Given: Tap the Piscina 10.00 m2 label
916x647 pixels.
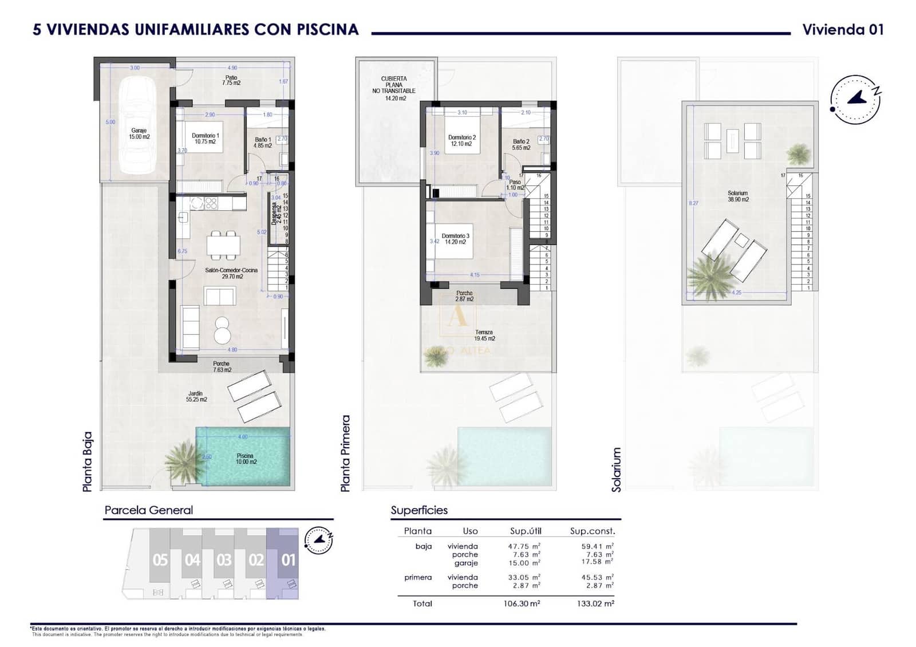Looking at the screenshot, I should (x=246, y=459).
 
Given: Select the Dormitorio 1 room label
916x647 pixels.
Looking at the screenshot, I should (x=206, y=139).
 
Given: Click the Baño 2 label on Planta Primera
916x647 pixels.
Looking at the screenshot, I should (x=521, y=144).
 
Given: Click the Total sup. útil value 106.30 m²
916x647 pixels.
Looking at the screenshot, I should (x=523, y=603).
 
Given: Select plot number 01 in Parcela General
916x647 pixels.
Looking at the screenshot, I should (x=289, y=559).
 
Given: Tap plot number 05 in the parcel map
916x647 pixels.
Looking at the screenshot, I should (x=160, y=559).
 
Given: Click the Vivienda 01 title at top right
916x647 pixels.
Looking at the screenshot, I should (x=843, y=30).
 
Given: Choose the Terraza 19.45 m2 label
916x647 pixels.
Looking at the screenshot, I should (x=484, y=336).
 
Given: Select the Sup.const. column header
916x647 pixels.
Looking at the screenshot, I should (x=592, y=531).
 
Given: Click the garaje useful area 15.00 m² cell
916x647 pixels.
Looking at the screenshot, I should (x=524, y=563).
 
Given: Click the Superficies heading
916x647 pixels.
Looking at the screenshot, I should (x=419, y=510).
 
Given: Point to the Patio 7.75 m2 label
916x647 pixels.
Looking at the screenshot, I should (x=231, y=80).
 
